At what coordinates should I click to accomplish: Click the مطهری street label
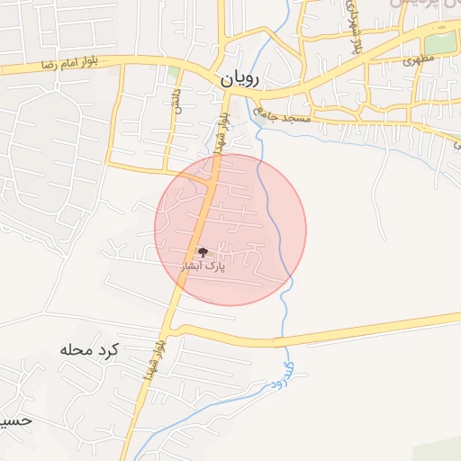tap(413, 61)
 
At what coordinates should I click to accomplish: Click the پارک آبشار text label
tap(203, 267)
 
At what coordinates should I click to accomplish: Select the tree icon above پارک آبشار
tap(202, 253)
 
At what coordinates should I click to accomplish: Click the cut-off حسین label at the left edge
tap(16, 420)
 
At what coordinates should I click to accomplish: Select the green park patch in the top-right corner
tap(439, 41)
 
